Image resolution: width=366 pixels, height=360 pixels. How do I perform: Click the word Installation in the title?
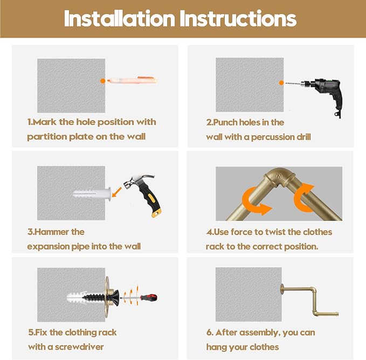[120, 18]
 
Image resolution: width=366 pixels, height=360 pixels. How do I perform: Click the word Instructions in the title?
[238, 18]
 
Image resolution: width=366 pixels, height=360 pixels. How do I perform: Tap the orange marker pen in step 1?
[133, 80]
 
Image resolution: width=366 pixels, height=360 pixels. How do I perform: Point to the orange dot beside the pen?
[103, 81]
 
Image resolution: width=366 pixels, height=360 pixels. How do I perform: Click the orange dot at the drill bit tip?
[281, 83]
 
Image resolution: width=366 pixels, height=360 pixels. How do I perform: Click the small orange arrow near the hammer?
[117, 192]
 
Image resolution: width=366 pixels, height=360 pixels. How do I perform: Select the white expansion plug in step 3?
[92, 193]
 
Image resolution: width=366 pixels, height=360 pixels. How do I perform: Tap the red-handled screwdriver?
[140, 297]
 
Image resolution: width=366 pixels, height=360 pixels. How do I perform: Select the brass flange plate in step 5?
[107, 297]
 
